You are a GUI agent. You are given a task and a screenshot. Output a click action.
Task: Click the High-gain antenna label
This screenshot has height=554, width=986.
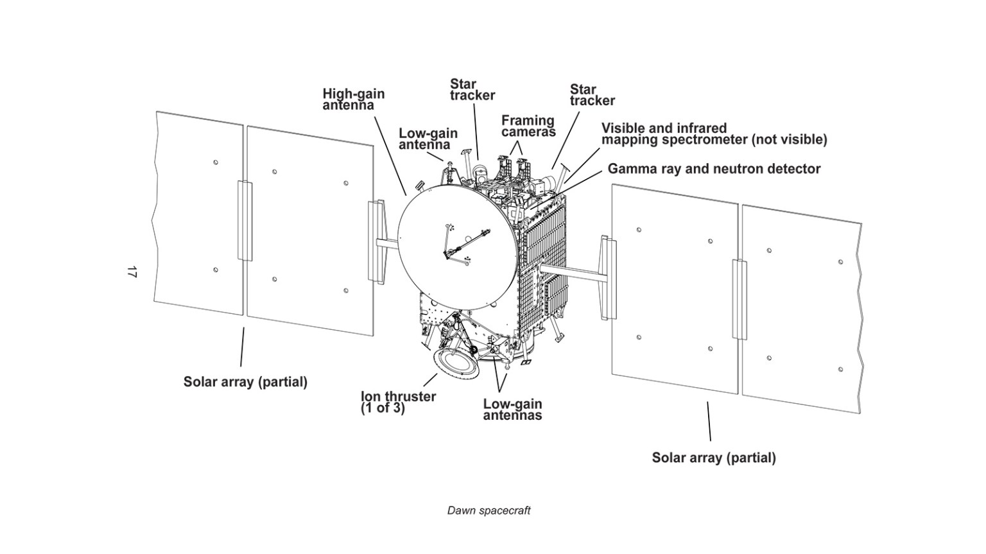coord(353,100)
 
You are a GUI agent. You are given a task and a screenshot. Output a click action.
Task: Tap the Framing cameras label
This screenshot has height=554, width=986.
coord(528,126)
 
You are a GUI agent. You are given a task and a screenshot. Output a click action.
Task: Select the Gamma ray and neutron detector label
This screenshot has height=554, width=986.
coord(714,169)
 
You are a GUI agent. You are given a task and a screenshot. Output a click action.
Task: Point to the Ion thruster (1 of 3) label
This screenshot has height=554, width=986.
coord(398,403)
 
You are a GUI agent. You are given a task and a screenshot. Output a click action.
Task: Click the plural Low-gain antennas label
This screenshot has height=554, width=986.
coord(512,410)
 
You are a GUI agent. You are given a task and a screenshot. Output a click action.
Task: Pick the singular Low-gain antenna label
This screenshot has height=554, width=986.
coord(428,139)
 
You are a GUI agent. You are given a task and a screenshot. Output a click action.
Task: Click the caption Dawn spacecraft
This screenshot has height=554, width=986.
coord(489,511)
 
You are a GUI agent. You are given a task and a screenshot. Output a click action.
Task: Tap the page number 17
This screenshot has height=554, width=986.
coord(132,272)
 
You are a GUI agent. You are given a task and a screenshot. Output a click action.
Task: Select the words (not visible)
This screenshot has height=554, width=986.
coord(789,140)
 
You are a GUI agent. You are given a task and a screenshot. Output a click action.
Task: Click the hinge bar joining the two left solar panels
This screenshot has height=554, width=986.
coord(245,220)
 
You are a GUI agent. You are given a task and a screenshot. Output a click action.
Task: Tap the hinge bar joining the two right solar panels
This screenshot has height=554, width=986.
coord(739,299)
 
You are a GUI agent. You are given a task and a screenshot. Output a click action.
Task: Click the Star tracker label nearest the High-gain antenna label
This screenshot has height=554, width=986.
coord(472,90)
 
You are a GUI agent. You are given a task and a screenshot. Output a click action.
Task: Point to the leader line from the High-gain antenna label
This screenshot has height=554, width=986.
coord(391,154)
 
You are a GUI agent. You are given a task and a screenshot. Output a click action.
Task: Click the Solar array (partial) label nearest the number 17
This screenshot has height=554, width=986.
coord(245,382)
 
